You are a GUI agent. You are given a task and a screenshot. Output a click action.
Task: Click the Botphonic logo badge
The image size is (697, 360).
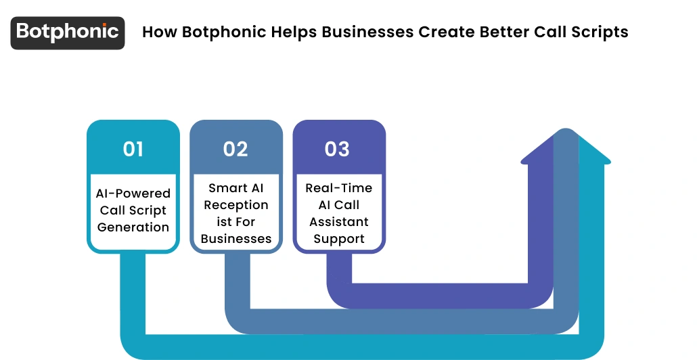(x=68, y=32)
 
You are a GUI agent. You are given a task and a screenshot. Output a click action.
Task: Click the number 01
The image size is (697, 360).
(x=133, y=149)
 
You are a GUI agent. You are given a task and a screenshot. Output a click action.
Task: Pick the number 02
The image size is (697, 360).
(x=236, y=149)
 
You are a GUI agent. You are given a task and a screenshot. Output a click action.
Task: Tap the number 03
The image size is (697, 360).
(x=338, y=149)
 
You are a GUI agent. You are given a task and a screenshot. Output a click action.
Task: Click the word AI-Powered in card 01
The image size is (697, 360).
(x=133, y=194)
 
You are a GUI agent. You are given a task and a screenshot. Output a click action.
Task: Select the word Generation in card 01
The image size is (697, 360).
(x=133, y=227)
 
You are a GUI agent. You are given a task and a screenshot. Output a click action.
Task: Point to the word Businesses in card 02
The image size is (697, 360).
(x=236, y=239)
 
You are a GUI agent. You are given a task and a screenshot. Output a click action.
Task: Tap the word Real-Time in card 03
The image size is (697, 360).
(x=339, y=188)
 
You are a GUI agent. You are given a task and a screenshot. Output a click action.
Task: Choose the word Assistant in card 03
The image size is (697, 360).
(x=339, y=222)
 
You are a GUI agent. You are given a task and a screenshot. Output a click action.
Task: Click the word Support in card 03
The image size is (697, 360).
(x=339, y=239)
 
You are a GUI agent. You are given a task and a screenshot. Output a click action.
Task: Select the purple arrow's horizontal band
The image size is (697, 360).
(x=440, y=295)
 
